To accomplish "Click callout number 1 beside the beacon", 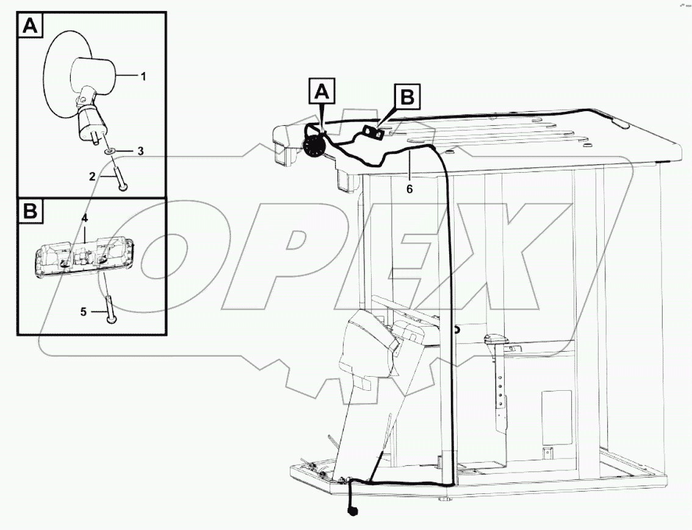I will (143, 77).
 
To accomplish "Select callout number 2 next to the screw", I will (92, 177).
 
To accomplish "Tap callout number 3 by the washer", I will (140, 151).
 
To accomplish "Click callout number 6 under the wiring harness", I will (409, 189).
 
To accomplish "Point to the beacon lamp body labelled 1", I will (92, 76).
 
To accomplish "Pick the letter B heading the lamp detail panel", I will (30, 212).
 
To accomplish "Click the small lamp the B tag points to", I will (373, 130).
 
